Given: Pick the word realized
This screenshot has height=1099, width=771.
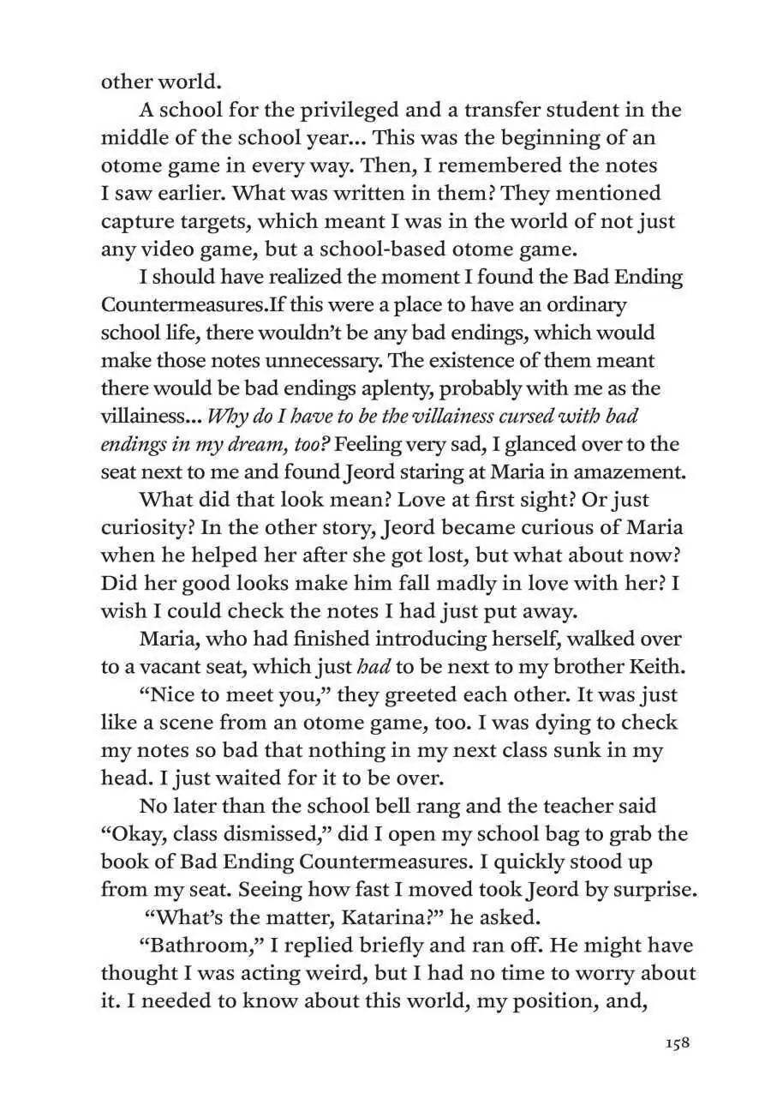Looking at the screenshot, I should [x=296, y=278].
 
